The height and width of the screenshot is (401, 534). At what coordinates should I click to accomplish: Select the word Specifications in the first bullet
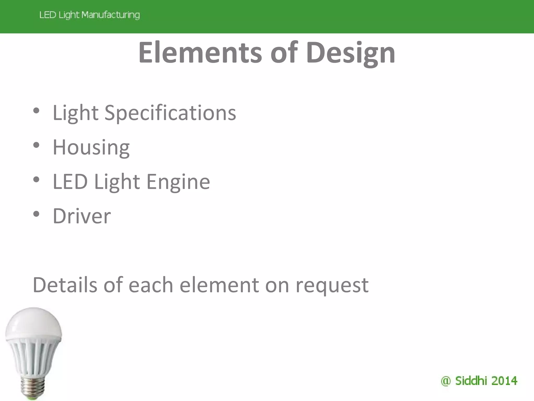click(170, 113)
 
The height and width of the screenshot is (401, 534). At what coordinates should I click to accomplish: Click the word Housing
click(91, 148)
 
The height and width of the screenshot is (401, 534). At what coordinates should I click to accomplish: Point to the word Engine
click(178, 182)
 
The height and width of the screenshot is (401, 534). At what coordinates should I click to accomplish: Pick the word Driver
click(82, 216)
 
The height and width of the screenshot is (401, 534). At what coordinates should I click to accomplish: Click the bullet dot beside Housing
click(36, 145)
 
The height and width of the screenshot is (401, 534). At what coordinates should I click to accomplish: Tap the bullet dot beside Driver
click(36, 214)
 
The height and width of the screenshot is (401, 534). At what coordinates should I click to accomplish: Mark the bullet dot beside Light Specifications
click(36, 111)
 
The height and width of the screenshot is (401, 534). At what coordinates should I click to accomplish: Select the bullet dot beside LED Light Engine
click(36, 180)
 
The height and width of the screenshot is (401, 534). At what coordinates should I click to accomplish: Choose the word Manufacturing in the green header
click(111, 15)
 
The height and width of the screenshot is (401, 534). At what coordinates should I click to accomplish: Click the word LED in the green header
click(48, 15)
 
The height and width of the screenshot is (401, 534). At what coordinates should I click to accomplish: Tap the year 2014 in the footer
click(504, 381)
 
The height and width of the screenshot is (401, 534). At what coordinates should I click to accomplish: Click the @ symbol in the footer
click(446, 381)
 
